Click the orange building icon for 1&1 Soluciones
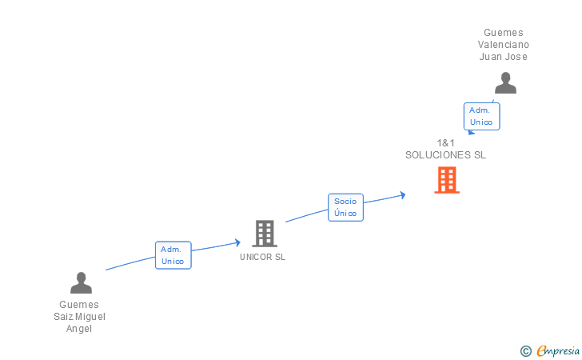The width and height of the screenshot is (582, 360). [447, 180]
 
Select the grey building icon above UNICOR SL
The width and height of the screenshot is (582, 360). [264, 234]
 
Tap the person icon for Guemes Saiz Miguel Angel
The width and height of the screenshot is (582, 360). [81, 282]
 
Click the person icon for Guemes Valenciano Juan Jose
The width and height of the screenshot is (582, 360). [505, 83]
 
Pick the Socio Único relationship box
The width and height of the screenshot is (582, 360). [345, 207]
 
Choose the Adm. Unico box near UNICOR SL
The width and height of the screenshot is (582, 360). [173, 255]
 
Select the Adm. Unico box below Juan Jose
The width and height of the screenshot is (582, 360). [481, 116]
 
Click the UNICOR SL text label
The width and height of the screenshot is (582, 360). [262, 258]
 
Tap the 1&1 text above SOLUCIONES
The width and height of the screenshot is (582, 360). [445, 143]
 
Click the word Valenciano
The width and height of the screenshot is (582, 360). [504, 45]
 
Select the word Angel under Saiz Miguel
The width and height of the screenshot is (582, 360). [79, 329]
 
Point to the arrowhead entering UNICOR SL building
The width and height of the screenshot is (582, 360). [237, 242]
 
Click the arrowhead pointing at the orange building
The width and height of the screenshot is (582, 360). [403, 194]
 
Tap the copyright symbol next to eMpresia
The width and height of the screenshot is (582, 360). [525, 350]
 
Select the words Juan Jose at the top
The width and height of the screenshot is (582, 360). [504, 57]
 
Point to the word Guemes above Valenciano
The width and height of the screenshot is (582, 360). [504, 33]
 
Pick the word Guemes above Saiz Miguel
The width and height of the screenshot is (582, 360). [79, 305]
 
